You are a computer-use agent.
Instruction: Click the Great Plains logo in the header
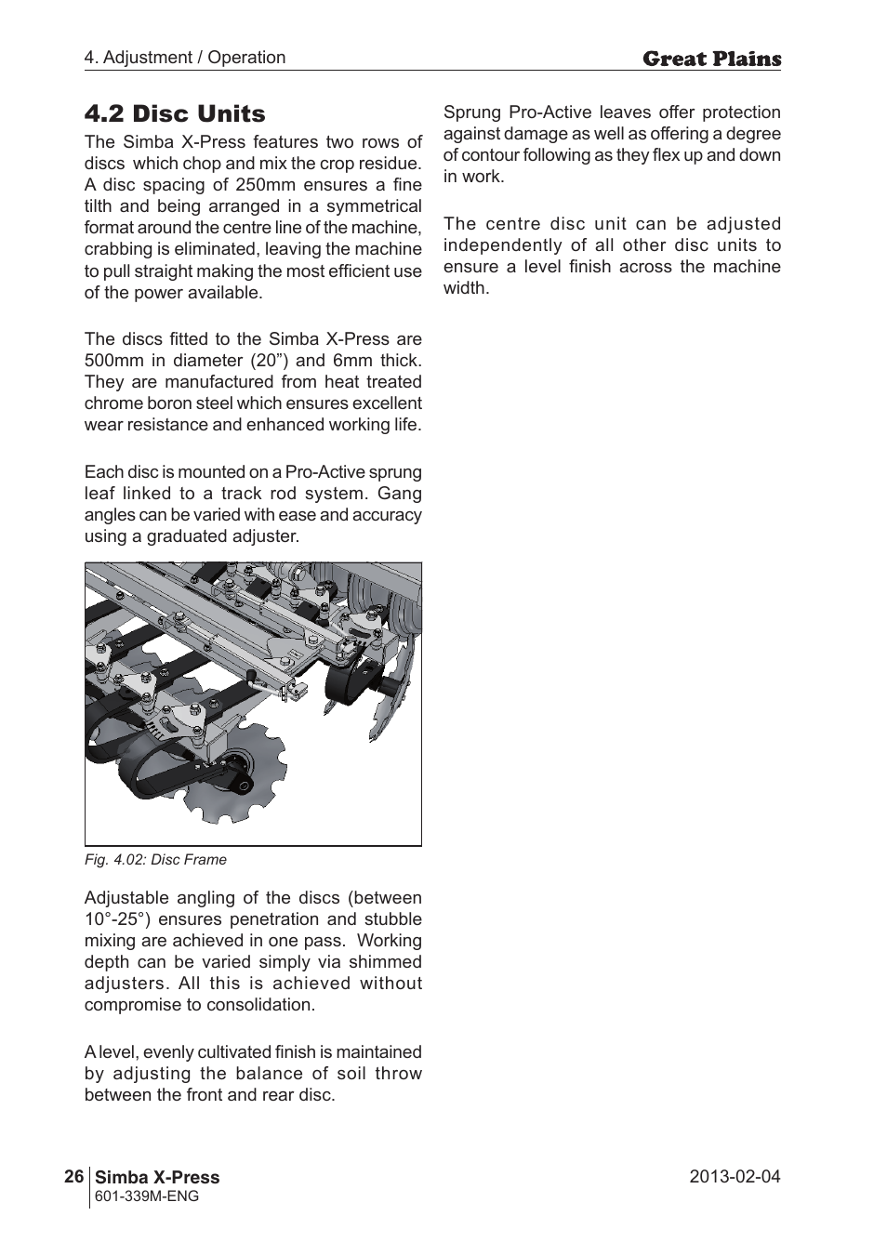click(711, 59)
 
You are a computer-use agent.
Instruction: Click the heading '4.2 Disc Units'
click(174, 113)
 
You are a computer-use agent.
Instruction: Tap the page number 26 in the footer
click(74, 1176)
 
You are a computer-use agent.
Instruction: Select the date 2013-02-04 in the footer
click(735, 1176)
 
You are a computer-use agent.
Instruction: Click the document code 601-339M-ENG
click(147, 1196)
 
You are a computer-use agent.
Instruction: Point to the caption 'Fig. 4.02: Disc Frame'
click(155, 859)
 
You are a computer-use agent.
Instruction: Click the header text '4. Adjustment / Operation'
click(185, 57)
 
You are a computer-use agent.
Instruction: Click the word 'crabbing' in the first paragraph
click(118, 249)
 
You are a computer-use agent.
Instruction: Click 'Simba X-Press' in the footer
click(158, 1176)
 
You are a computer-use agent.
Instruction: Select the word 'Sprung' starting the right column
click(472, 112)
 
